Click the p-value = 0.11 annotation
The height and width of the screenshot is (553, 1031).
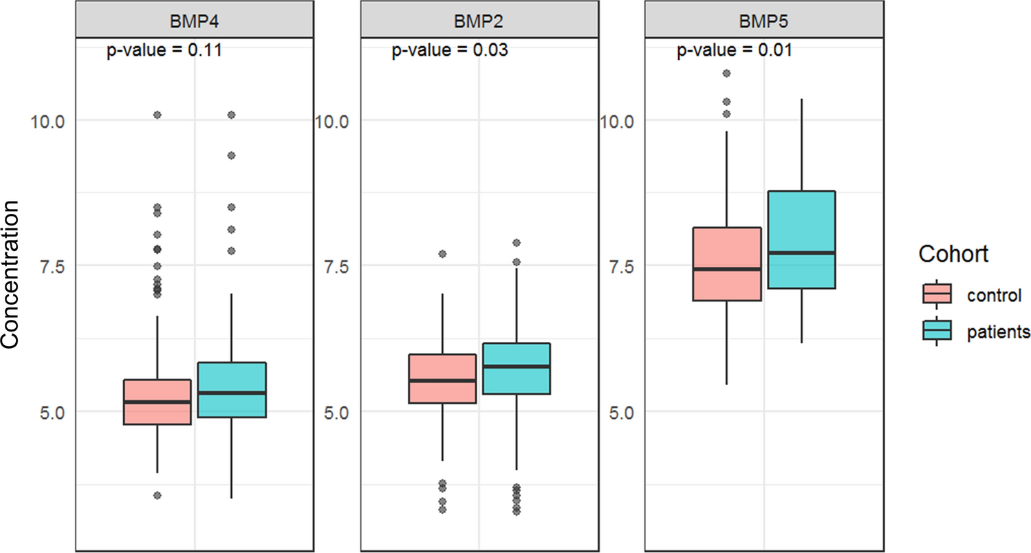pos(164,51)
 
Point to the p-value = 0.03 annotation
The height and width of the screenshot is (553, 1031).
pos(450,51)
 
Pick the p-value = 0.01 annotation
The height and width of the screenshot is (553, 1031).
pos(735,51)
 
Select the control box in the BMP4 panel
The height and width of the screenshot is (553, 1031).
pos(158,402)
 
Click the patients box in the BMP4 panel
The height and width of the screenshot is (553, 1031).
pos(232,389)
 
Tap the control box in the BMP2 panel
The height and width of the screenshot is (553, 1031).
pos(442,378)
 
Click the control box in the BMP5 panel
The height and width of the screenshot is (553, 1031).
pos(727,264)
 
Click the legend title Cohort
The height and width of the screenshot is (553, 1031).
pos(953,254)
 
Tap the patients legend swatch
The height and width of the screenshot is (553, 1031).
pos(936,332)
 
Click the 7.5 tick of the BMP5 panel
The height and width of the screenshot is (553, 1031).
pos(619,266)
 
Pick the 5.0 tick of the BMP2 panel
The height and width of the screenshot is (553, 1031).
pos(333,412)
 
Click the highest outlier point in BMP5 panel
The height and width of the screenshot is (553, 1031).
pos(726,73)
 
